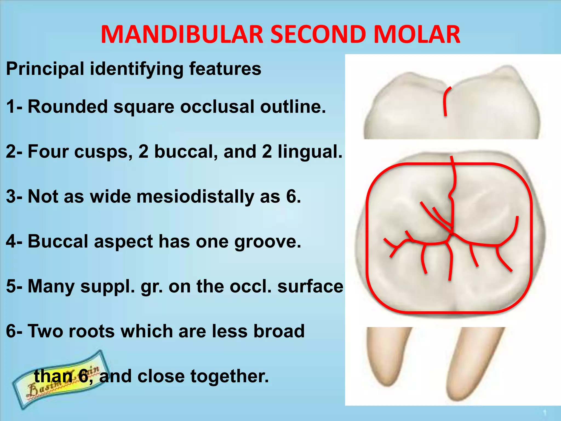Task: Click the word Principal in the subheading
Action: coord(45,69)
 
